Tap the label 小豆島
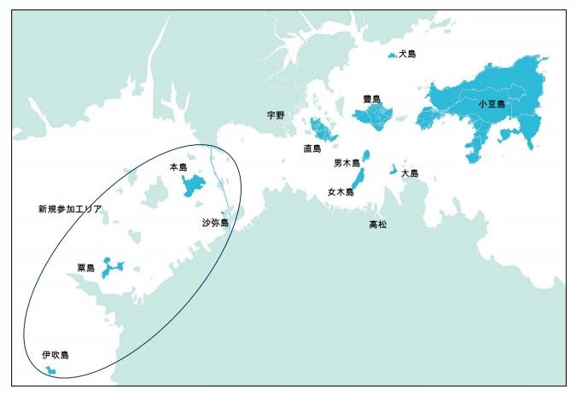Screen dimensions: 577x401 [492, 104]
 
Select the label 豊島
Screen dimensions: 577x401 [371, 99]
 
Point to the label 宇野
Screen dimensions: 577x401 [275, 114]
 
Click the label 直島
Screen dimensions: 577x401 [312, 148]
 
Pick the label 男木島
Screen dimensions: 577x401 [347, 162]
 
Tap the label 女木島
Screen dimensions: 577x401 [340, 192]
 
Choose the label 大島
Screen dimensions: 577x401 [411, 172]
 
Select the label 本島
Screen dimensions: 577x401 [178, 166]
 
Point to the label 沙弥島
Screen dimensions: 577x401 [214, 223]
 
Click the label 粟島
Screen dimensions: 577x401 [86, 268]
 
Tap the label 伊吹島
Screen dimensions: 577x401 [55, 354]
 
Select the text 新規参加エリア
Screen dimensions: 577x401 [70, 208]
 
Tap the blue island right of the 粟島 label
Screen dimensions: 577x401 [112, 267]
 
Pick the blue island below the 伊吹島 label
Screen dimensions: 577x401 [51, 370]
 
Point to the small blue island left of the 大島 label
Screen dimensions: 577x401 [393, 169]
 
